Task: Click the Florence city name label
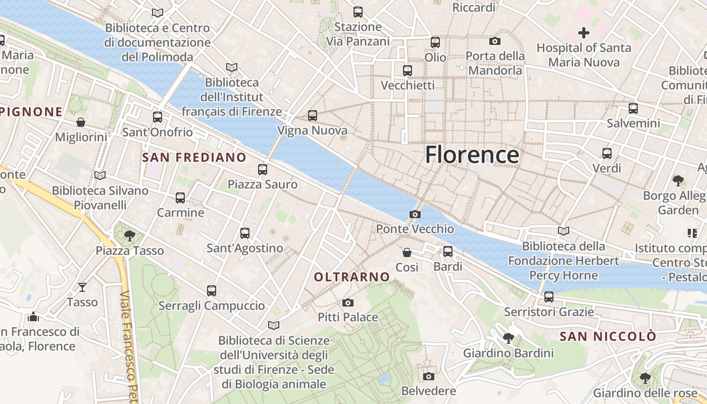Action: pos(472,155)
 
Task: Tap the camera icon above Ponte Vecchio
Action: pos(415,214)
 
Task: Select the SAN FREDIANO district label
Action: pos(194,158)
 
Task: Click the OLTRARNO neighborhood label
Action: pos(352,277)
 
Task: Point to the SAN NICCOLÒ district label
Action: pos(608,336)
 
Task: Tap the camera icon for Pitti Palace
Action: pos(347,302)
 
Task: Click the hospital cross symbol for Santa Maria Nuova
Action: pos(584,33)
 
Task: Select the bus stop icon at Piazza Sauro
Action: pos(262,170)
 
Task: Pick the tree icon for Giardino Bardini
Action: pos(508,338)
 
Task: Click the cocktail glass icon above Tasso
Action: pos(82,287)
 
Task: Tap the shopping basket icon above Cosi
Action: pos(407,252)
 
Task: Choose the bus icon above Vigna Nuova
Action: pos(312,116)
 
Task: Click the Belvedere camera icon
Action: pos(428,376)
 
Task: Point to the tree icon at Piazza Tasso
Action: pos(130,235)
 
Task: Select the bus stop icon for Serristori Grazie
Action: pos(548,297)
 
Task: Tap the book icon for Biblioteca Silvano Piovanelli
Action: pos(100,175)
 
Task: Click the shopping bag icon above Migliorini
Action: pos(81,122)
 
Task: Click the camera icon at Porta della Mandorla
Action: pos(494,41)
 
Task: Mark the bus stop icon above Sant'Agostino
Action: pos(245,233)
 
